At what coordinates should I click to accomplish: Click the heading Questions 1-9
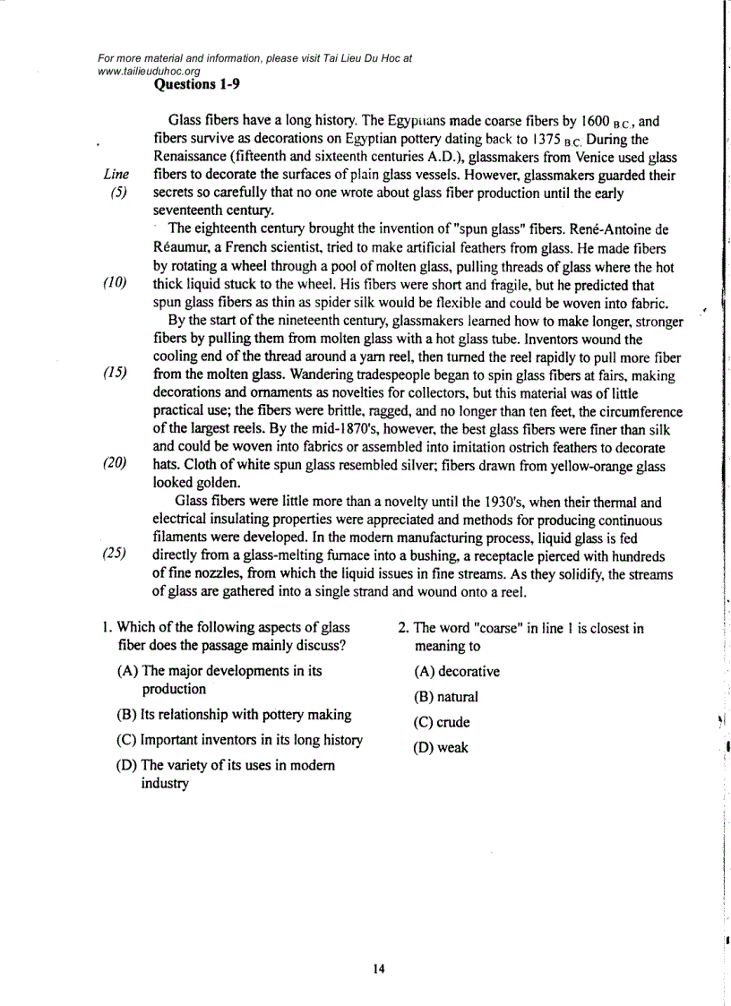click(197, 85)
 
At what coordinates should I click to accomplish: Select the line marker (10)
click(114, 284)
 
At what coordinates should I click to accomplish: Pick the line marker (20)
click(114, 466)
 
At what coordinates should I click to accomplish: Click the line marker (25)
click(114, 557)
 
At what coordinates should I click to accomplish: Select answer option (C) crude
click(442, 722)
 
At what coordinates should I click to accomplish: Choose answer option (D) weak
click(441, 747)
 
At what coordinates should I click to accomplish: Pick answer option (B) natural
click(446, 697)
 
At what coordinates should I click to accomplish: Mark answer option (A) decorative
click(457, 672)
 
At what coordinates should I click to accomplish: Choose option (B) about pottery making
click(234, 715)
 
